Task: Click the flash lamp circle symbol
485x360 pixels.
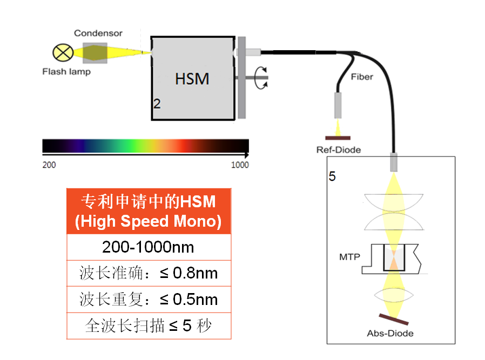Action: click(x=63, y=52)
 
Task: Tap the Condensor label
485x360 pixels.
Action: click(x=98, y=33)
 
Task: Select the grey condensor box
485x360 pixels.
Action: click(x=95, y=53)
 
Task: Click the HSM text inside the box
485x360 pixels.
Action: click(x=192, y=79)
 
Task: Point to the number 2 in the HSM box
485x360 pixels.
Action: click(x=157, y=104)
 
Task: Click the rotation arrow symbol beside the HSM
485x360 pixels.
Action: click(x=261, y=78)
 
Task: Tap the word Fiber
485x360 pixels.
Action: click(x=362, y=77)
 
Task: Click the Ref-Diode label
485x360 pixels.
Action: click(x=339, y=150)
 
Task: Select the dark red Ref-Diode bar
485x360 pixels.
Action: click(x=338, y=138)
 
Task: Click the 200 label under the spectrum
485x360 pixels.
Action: click(x=49, y=165)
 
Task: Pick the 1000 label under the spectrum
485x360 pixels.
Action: click(x=240, y=165)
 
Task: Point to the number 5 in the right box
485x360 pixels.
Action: click(x=332, y=176)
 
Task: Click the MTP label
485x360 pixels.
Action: click(x=350, y=257)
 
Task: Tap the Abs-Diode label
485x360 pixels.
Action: click(x=390, y=334)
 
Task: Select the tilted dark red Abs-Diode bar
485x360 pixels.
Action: click(x=394, y=319)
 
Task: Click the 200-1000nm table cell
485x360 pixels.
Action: click(x=148, y=247)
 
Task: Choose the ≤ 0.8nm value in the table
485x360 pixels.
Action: click(x=189, y=273)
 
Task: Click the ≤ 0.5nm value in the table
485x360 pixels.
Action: click(x=189, y=300)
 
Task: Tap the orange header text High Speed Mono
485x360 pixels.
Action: click(x=148, y=221)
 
